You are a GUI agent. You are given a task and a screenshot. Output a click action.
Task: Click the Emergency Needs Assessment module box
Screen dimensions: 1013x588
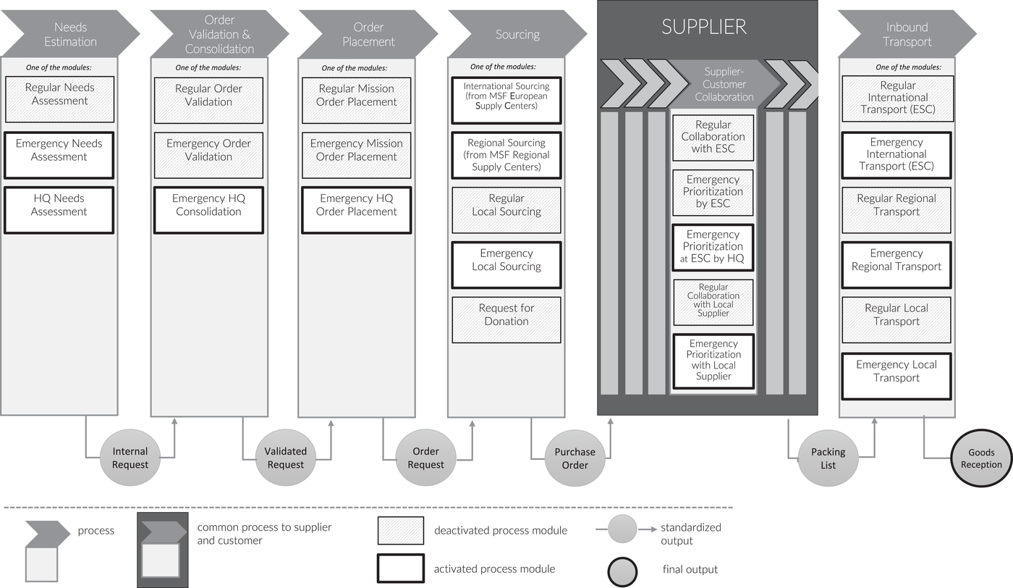(x=59, y=155)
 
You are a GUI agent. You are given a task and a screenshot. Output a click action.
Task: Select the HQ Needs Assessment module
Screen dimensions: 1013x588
(x=59, y=210)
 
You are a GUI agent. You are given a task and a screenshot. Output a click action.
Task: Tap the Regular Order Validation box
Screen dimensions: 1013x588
(x=208, y=101)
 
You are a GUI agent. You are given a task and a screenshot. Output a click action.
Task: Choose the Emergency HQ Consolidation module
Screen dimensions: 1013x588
(x=208, y=210)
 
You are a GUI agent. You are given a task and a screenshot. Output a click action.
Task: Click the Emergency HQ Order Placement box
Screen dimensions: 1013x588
(x=356, y=210)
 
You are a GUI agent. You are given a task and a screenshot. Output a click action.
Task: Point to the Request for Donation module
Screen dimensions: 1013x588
(x=506, y=319)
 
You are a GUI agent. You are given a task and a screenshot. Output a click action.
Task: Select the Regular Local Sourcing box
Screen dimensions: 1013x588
(x=506, y=210)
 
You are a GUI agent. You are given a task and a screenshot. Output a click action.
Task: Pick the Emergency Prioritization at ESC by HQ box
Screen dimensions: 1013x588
(x=713, y=248)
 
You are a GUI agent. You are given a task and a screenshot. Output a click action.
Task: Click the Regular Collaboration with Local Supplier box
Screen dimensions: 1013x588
(x=713, y=302)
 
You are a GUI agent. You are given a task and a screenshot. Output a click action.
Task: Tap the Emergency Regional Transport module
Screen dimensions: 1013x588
(x=897, y=265)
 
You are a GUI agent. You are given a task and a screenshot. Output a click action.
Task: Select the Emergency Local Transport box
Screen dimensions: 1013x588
(x=897, y=376)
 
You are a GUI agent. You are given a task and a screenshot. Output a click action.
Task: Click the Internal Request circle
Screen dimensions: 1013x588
(x=130, y=458)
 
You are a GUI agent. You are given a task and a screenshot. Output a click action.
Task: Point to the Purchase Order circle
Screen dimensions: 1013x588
(x=575, y=458)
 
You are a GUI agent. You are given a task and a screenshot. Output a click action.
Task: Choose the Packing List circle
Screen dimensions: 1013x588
(x=828, y=458)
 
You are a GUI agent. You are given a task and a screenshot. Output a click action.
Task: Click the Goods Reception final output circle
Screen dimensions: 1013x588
(x=981, y=458)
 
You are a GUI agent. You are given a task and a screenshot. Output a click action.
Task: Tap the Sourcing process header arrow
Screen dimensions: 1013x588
(x=518, y=34)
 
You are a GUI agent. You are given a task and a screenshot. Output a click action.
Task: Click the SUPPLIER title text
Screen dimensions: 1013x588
(x=703, y=27)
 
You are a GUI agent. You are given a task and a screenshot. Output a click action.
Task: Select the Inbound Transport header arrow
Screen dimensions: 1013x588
(x=907, y=34)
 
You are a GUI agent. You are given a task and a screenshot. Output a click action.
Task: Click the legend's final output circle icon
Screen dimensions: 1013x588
(x=623, y=571)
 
